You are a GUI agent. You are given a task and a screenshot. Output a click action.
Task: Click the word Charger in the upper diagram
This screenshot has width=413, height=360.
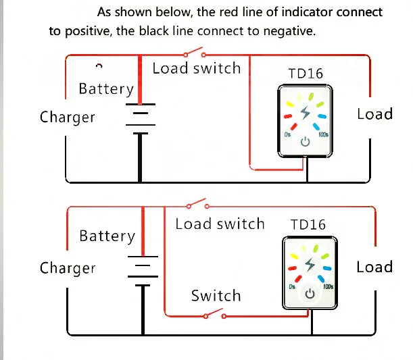point(68,117)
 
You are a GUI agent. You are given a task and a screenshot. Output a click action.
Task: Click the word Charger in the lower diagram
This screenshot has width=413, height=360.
point(68,267)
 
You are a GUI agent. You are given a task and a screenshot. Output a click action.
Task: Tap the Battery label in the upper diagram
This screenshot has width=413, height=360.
point(106,89)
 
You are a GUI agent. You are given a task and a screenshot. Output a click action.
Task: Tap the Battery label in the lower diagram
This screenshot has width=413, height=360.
point(107,236)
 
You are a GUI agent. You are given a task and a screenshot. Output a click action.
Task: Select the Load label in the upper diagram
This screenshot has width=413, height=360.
point(374,113)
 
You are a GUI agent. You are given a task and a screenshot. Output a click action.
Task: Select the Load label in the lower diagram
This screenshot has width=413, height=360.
point(374,267)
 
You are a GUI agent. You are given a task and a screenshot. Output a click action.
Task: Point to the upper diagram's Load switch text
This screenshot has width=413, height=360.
point(196,68)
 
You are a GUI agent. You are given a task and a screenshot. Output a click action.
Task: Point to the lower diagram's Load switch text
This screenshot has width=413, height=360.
point(220,224)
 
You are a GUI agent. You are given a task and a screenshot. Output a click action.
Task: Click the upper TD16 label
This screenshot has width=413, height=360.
point(306,74)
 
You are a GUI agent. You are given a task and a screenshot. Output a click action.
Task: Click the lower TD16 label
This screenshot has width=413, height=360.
point(308,224)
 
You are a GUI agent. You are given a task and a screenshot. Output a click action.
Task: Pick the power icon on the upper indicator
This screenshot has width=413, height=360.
point(306,141)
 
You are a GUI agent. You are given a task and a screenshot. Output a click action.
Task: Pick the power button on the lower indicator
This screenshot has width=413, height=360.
point(310,293)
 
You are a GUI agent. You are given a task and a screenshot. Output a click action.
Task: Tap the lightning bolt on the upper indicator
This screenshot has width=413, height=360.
point(305,113)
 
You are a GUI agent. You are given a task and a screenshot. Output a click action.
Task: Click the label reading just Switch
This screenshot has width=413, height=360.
point(216,296)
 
